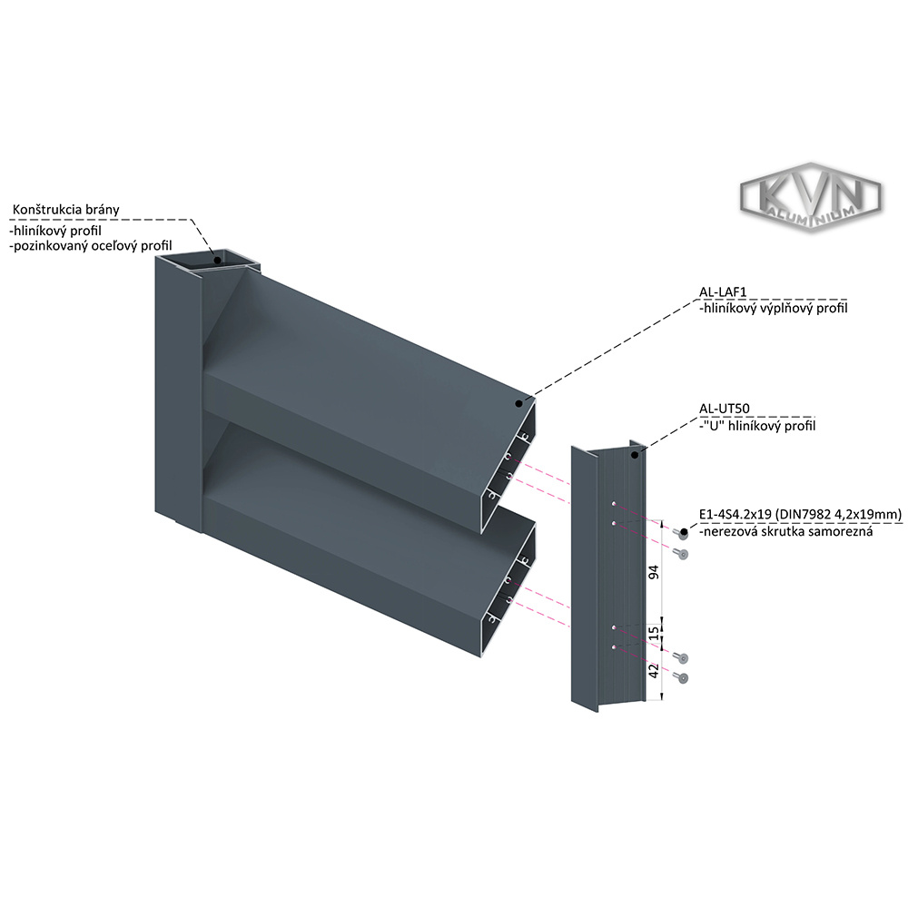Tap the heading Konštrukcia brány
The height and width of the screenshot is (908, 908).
tap(65, 210)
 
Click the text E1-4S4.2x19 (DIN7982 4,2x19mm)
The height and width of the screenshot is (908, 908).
tap(799, 514)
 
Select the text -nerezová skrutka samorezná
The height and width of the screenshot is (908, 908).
tap(785, 531)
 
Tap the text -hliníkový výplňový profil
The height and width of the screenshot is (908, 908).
tap(774, 309)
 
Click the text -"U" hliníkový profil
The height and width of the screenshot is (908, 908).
tap(757, 425)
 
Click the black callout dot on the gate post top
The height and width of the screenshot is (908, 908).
tap(218, 257)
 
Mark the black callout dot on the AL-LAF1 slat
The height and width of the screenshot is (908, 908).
tap(518, 402)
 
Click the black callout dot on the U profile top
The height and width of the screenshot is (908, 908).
tap(635, 452)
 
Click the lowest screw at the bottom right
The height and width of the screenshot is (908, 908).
tap(683, 677)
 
